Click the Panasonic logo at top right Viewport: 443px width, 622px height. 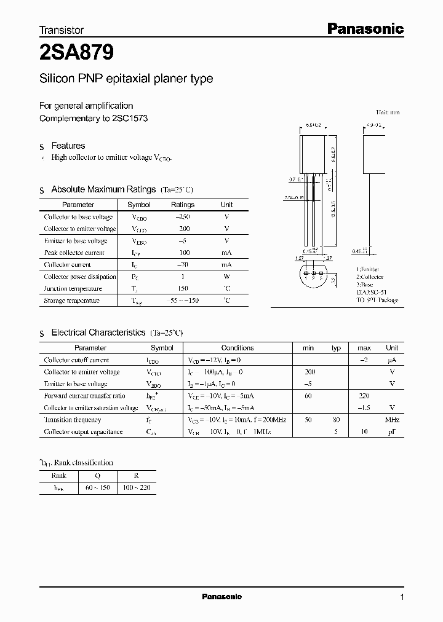364,28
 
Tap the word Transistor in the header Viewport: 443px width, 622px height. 62,30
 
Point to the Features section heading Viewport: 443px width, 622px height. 68,146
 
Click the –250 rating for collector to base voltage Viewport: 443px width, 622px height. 182,217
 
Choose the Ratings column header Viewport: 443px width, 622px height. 182,205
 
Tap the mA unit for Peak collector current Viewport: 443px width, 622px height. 226,253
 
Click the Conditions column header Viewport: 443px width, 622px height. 237,348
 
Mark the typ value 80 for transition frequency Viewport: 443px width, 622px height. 336,420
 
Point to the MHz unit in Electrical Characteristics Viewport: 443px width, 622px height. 392,420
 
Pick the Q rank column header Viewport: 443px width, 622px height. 98,476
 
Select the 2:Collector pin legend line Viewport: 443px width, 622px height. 368,277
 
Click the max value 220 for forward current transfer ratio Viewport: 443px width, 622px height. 364,396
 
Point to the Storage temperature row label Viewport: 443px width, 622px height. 71,301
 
